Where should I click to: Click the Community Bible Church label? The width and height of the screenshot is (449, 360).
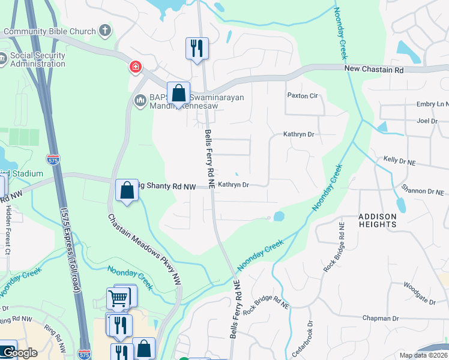point(49,31)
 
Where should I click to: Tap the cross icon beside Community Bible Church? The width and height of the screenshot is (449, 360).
point(106,31)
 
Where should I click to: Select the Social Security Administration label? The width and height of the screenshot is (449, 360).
point(37,60)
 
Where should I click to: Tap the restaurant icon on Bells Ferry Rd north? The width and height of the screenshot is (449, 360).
point(197,47)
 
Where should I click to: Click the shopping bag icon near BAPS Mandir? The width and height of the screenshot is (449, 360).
point(178,94)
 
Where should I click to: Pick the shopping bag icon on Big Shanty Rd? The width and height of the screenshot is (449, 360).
point(127,190)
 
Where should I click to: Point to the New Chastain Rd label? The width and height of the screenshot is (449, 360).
point(373,70)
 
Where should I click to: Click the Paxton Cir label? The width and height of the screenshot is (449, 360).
point(302,95)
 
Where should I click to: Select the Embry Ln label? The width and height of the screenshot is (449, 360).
point(432,104)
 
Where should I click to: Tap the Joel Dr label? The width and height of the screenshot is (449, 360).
point(427,121)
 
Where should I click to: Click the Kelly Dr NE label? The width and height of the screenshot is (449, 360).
point(399,161)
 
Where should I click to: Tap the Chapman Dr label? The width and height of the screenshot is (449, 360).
point(381,318)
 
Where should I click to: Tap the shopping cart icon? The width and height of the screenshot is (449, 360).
point(118,297)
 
